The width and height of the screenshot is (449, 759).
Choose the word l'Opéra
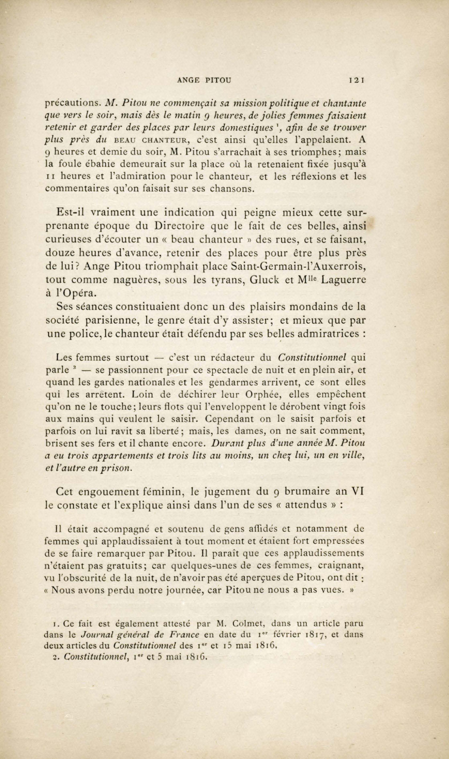(67, 293)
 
